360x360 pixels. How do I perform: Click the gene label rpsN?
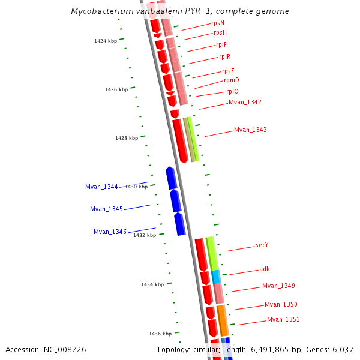pyautogui.click(x=218, y=23)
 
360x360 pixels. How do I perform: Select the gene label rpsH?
pyautogui.click(x=220, y=33)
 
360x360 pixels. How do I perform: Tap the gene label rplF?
pyautogui.click(x=221, y=45)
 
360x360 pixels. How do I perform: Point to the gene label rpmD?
pyautogui.click(x=232, y=80)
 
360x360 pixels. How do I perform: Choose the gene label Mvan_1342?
pyautogui.click(x=245, y=103)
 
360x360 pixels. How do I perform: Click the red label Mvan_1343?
pyautogui.click(x=250, y=130)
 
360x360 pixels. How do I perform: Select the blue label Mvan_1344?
pyautogui.click(x=101, y=187)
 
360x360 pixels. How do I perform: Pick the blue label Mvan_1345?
pyautogui.click(x=106, y=209)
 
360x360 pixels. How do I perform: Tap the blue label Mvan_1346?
pyautogui.click(x=110, y=232)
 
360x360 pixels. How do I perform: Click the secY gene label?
pyautogui.click(x=262, y=245)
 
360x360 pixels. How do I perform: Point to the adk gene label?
pyautogui.click(x=265, y=269)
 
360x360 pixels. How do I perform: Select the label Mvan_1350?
pyautogui.click(x=281, y=305)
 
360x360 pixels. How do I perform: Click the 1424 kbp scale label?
pyautogui.click(x=106, y=41)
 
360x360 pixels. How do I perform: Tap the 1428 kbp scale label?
pyautogui.click(x=127, y=138)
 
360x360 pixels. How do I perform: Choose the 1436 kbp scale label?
pyautogui.click(x=160, y=334)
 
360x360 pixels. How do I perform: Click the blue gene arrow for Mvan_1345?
pyautogui.click(x=175, y=201)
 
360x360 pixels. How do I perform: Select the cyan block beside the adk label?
pyautogui.click(x=216, y=277)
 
